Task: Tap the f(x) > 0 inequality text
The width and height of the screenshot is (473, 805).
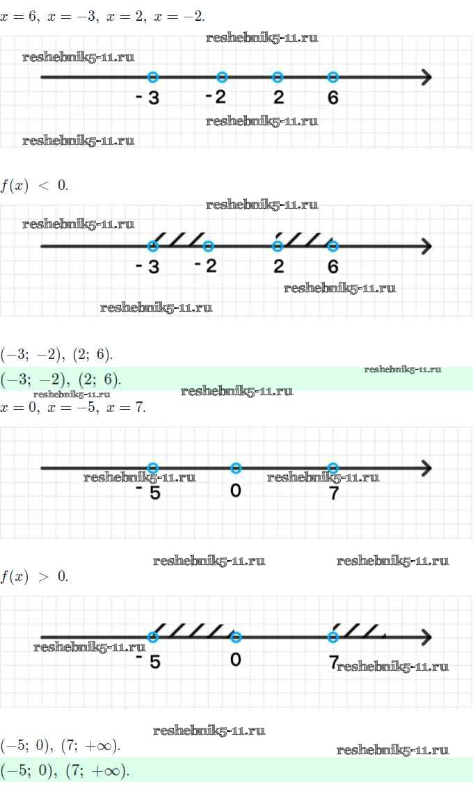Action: [34, 577]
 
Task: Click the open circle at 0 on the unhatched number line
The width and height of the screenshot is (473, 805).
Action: [236, 468]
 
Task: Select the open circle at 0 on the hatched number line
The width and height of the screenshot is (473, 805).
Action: [236, 637]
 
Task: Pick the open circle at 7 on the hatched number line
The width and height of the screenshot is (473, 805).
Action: [333, 637]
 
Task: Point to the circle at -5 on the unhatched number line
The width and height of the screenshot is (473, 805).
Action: [154, 468]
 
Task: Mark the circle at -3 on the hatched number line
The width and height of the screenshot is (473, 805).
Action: [154, 246]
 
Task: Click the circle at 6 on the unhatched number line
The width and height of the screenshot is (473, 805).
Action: [333, 77]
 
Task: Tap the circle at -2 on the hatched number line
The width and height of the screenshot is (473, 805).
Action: [208, 246]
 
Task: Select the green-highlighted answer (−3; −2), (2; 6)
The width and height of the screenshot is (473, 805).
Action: [61, 379]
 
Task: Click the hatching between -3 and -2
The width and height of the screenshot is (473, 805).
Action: [180, 239]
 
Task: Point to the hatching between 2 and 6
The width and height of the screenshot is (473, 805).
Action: [305, 239]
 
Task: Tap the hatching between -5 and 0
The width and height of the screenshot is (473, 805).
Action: [194, 630]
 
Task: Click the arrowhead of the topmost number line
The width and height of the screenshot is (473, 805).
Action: [426, 77]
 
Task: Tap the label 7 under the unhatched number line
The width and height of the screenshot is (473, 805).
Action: [333, 492]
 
